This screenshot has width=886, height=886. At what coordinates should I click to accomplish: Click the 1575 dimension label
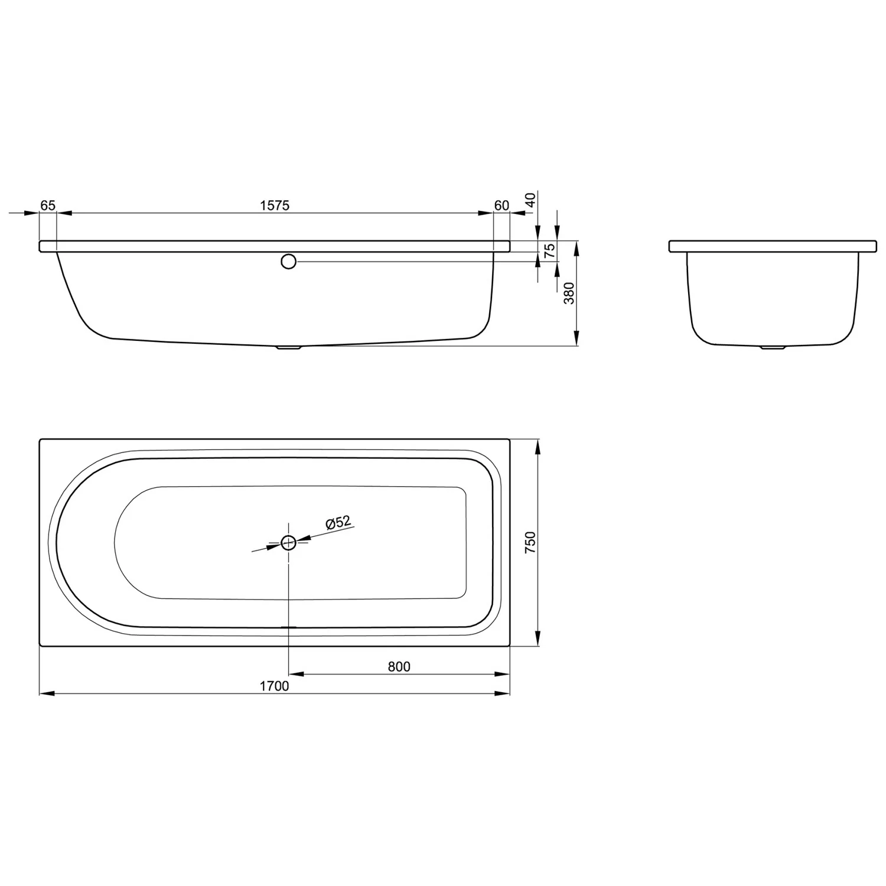pyautogui.click(x=275, y=206)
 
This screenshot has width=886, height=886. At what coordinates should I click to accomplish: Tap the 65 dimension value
pyautogui.click(x=48, y=206)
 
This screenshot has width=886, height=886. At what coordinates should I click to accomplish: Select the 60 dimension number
pyautogui.click(x=501, y=206)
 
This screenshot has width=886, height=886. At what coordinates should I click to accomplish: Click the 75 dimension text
pyautogui.click(x=550, y=250)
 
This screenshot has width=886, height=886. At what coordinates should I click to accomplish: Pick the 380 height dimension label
pyautogui.click(x=569, y=294)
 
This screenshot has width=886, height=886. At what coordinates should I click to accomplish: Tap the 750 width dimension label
pyautogui.click(x=530, y=542)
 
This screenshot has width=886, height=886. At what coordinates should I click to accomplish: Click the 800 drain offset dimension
pyautogui.click(x=399, y=667)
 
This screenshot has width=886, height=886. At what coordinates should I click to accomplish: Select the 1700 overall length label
pyautogui.click(x=275, y=686)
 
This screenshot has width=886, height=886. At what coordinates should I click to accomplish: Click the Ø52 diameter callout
pyautogui.click(x=338, y=523)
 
